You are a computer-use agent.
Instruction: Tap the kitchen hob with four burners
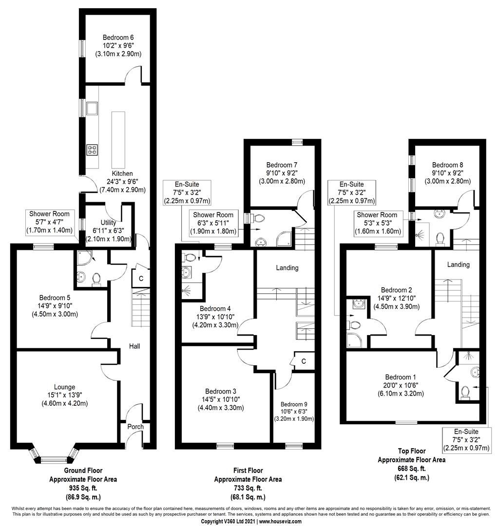92,150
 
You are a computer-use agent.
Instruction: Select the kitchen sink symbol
92,108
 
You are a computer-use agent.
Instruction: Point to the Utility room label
108,223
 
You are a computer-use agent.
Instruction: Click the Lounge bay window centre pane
54,460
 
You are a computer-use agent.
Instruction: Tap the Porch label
135,427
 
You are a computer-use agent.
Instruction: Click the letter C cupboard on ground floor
141,279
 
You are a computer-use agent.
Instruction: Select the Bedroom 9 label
294,404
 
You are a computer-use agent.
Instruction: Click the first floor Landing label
287,268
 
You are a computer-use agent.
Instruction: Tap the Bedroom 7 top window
297,142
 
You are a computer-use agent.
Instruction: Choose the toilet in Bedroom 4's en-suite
189,258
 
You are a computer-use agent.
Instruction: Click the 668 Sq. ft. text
412,469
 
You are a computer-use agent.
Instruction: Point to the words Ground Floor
83,470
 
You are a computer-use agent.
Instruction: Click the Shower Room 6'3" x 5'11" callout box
213,223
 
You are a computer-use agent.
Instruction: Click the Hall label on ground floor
134,346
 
